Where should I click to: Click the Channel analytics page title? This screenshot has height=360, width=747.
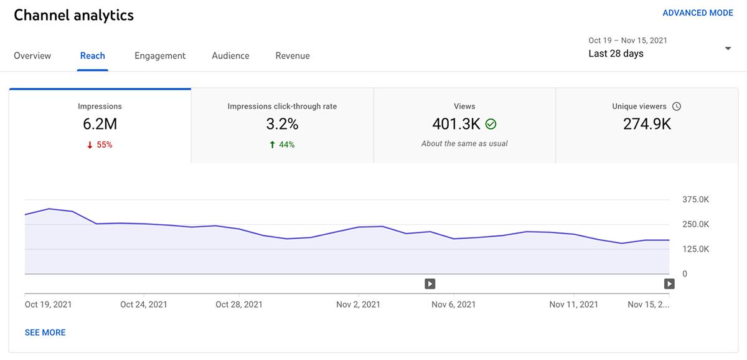click(x=73, y=16)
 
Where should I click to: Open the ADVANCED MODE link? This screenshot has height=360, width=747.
click(x=697, y=13)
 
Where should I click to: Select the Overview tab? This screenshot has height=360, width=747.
click(x=32, y=55)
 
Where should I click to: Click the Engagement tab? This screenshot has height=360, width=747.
click(x=160, y=55)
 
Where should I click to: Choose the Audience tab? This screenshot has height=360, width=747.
click(x=230, y=55)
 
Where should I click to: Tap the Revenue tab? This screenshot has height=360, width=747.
click(x=293, y=55)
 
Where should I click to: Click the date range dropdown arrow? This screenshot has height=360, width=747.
click(x=728, y=49)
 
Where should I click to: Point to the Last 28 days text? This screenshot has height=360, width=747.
click(x=616, y=54)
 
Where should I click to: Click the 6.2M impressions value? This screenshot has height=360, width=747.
click(x=100, y=124)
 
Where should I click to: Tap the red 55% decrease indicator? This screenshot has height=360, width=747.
click(x=100, y=144)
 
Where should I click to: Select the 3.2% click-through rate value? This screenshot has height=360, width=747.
click(x=282, y=124)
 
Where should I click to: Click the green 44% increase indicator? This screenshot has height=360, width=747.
click(x=282, y=144)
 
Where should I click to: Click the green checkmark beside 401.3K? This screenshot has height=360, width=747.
click(x=491, y=124)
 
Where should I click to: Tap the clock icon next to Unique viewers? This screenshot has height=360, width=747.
click(x=677, y=107)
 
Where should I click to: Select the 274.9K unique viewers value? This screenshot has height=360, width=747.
click(x=647, y=124)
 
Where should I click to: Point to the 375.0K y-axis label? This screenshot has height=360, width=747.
click(x=695, y=200)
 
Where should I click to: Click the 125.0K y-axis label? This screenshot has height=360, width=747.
click(x=695, y=249)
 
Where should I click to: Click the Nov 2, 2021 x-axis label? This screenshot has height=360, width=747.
click(x=358, y=305)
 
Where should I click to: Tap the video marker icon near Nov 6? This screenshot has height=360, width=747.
click(x=430, y=284)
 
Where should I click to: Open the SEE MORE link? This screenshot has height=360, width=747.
click(x=45, y=333)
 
